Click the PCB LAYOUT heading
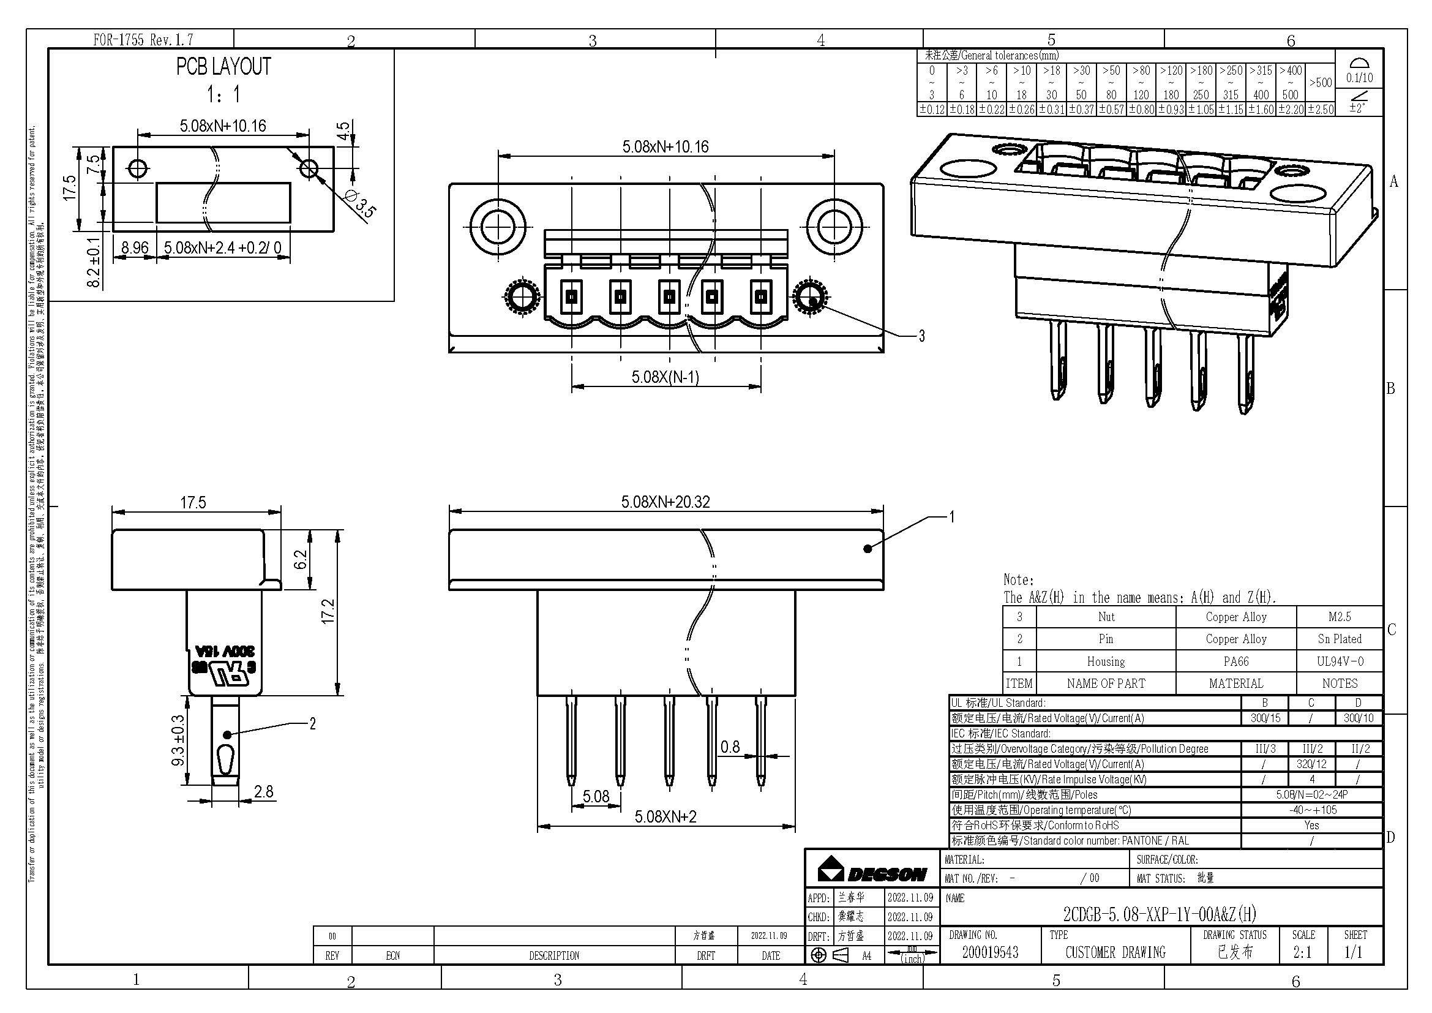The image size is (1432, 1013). (x=223, y=67)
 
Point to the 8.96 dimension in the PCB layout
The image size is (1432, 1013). (x=135, y=247)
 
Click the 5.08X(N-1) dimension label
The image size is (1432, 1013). (x=665, y=377)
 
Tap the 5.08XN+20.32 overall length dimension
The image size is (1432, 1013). (x=665, y=502)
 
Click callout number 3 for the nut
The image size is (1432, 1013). (x=922, y=336)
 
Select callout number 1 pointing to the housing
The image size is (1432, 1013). (x=952, y=516)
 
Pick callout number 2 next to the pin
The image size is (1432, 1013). (x=312, y=723)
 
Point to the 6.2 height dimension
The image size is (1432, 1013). (x=301, y=559)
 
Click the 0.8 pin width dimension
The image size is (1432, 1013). (x=730, y=747)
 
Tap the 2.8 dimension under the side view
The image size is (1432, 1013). (x=264, y=791)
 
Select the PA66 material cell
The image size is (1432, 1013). (x=1235, y=661)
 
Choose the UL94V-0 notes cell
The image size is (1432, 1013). (x=1339, y=661)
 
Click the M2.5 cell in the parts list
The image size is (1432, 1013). (x=1339, y=617)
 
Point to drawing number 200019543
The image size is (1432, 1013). (x=990, y=952)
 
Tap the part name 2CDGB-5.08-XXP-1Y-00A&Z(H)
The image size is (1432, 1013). (x=1160, y=914)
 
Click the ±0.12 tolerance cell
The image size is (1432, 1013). (x=932, y=109)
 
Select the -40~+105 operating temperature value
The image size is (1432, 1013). (x=1311, y=810)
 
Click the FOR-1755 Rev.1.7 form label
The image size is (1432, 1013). (x=143, y=40)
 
